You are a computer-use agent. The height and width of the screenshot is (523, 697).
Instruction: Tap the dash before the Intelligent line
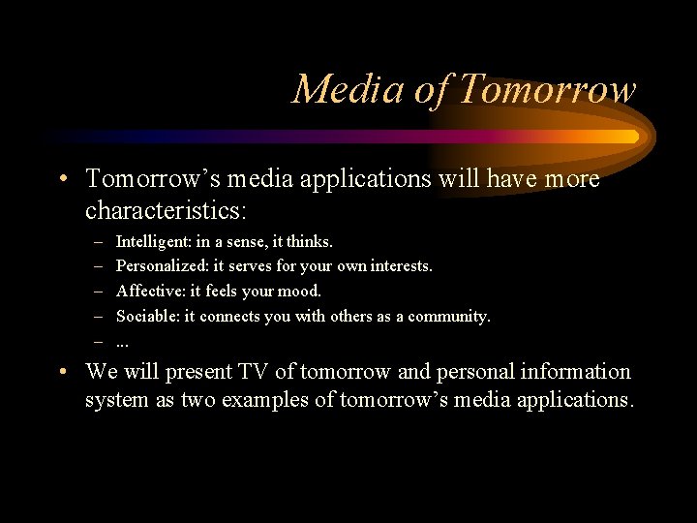(x=99, y=240)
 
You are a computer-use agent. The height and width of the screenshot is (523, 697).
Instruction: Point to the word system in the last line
(x=116, y=400)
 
